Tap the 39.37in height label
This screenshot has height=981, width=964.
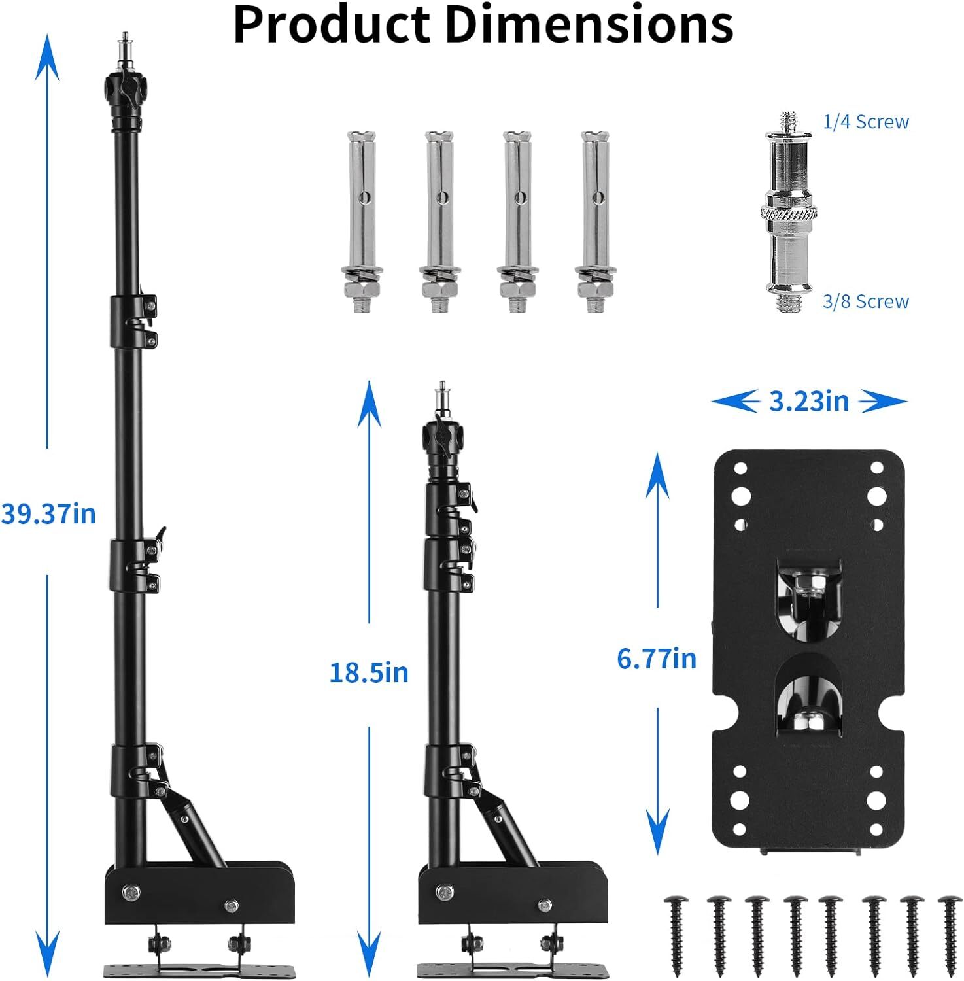tap(48, 514)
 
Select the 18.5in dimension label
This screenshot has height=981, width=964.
tap(368, 672)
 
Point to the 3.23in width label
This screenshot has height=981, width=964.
tap(808, 401)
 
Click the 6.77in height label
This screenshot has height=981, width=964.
tap(656, 658)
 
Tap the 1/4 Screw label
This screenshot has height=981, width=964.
tap(865, 122)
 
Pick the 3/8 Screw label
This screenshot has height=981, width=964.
tap(865, 301)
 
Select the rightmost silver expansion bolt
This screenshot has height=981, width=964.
tap(595, 222)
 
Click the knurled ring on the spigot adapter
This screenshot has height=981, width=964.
tap(789, 215)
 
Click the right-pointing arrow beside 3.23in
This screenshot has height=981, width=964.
tap(884, 401)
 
